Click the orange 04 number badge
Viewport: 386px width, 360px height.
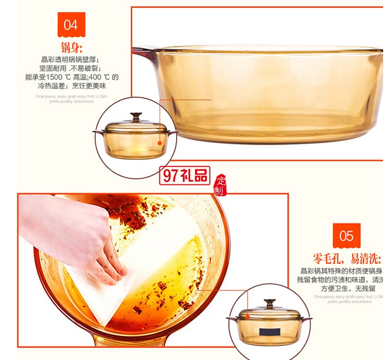(71, 24)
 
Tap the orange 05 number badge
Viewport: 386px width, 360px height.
(346, 236)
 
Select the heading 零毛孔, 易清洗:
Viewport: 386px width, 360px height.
(346, 259)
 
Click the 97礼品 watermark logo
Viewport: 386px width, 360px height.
(185, 176)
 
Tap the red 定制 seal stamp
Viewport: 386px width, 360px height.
(221, 185)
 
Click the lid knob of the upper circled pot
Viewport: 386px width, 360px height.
(135, 116)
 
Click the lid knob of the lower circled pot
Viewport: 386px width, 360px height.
(270, 303)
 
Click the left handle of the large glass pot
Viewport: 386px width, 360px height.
(145, 52)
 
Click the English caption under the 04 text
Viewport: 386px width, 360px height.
(65, 99)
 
